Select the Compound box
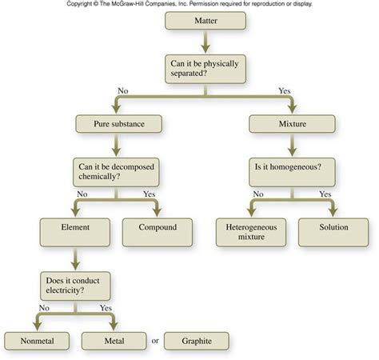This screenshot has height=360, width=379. click(x=156, y=230)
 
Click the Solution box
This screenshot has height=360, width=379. click(x=333, y=230)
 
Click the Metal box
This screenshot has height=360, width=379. click(x=114, y=341)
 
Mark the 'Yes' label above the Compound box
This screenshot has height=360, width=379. click(x=148, y=194)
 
